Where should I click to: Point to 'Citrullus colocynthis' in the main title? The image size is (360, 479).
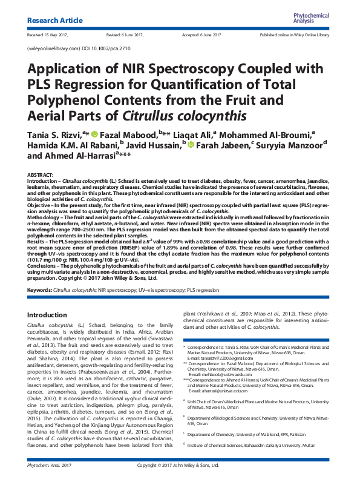coord(180,114)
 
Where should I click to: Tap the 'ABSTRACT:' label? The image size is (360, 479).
coord(41,174)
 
